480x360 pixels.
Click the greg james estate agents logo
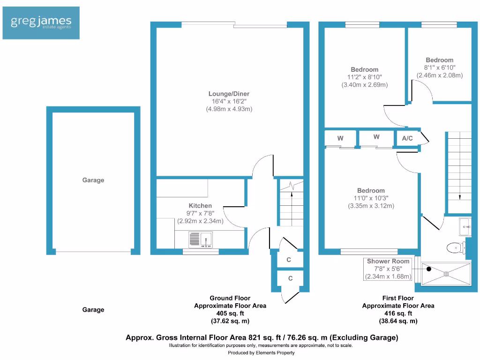point(41,22)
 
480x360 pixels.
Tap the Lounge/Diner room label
point(229,94)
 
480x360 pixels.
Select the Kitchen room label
point(200,205)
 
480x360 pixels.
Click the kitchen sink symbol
point(200,240)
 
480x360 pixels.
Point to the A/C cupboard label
point(407,138)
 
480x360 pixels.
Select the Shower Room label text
point(388,261)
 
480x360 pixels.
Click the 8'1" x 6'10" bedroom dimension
point(439,67)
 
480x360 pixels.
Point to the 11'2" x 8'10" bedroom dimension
point(364,77)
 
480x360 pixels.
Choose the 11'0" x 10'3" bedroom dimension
point(371,198)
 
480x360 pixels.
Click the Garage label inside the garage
point(93,180)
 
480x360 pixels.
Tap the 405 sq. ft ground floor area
point(230,314)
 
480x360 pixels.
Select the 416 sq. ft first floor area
point(398,314)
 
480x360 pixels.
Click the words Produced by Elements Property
point(261,352)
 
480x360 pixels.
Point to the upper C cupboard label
point(289,259)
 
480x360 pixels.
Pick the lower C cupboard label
point(290,278)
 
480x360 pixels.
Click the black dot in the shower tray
point(428,270)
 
